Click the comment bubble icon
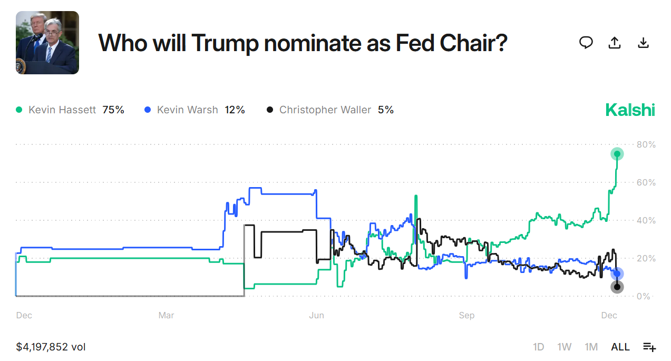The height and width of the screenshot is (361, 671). pyautogui.click(x=586, y=43)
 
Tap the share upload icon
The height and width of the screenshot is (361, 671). pyautogui.click(x=615, y=43)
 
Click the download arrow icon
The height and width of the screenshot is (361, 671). pyautogui.click(x=643, y=43)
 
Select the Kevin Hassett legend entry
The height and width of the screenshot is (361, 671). pyautogui.click(x=62, y=110)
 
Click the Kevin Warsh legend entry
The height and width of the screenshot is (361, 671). pyautogui.click(x=187, y=110)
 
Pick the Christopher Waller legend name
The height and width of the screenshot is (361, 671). pyautogui.click(x=325, y=110)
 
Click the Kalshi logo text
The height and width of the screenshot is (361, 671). pyautogui.click(x=630, y=110)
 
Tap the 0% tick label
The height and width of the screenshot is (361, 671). pyautogui.click(x=643, y=296)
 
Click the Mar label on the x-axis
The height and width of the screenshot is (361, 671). pyautogui.click(x=166, y=315)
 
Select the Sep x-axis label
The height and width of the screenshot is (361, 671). pyautogui.click(x=466, y=315)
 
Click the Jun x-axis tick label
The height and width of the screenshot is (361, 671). pyautogui.click(x=316, y=315)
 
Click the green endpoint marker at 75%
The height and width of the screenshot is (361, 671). pyautogui.click(x=617, y=154)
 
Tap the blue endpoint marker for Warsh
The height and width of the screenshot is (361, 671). pyautogui.click(x=617, y=274)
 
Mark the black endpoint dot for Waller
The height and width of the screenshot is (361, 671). pyautogui.click(x=617, y=287)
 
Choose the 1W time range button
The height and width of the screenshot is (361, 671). pyautogui.click(x=564, y=347)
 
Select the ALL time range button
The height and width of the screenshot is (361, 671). pyautogui.click(x=620, y=347)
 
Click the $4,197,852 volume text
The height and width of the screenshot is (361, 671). pyautogui.click(x=51, y=347)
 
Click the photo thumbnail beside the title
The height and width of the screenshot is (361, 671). pyautogui.click(x=47, y=43)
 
